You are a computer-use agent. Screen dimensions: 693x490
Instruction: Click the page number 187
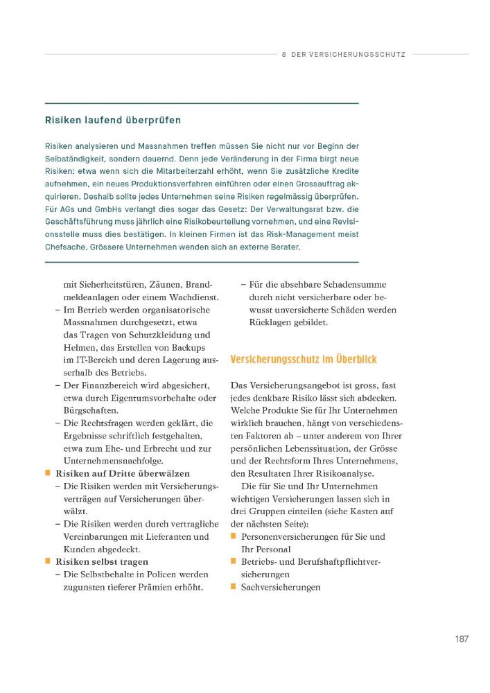462,638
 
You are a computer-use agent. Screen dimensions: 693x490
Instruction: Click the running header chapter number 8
285,53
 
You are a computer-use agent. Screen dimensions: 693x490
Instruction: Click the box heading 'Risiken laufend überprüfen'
113,120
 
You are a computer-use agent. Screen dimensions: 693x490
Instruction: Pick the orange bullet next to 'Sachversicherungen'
234,587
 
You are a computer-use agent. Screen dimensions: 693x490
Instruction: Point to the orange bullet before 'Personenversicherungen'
234,536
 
